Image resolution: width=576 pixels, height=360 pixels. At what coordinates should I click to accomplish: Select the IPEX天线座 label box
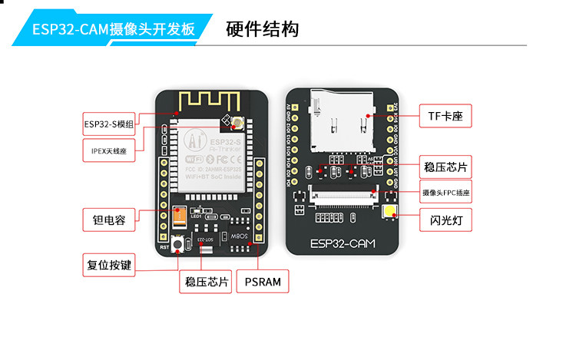click(x=108, y=150)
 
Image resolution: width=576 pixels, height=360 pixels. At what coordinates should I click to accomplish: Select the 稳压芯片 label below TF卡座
click(x=445, y=167)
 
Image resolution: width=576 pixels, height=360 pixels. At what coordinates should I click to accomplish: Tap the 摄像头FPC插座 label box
click(x=445, y=193)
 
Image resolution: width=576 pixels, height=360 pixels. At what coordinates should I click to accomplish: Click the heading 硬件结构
click(x=263, y=30)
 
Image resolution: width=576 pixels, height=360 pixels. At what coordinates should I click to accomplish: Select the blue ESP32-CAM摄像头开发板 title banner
click(x=113, y=30)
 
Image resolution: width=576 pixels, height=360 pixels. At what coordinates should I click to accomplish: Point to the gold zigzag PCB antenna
click(x=207, y=101)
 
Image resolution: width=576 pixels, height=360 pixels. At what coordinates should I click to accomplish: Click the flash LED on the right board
click(x=389, y=215)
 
